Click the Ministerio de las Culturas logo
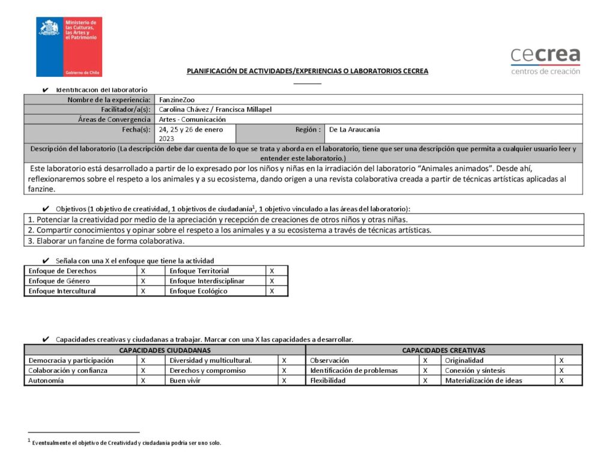click(69, 46)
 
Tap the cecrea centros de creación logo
click(545, 61)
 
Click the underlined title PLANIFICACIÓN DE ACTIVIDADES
click(307, 71)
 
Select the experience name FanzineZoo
click(177, 100)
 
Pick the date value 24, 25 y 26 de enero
click(190, 129)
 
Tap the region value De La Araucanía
click(354, 129)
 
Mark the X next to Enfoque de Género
click(143, 281)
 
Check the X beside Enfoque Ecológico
click(271, 291)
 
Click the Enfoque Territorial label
click(199, 271)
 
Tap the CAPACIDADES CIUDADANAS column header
click(165, 350)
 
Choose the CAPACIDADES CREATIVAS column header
click(443, 350)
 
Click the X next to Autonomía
click(143, 380)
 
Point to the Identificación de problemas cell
click(354, 371)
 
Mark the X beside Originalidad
click(561, 360)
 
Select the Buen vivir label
click(186, 380)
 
